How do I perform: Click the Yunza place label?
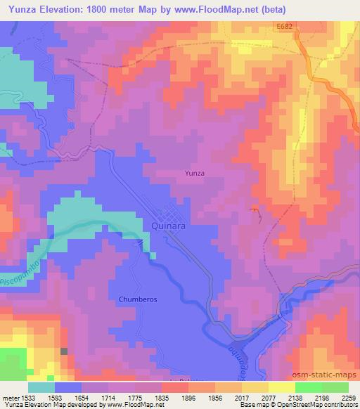point(194,172)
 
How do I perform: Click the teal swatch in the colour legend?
point(41,387)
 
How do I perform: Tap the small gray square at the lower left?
point(64,351)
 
